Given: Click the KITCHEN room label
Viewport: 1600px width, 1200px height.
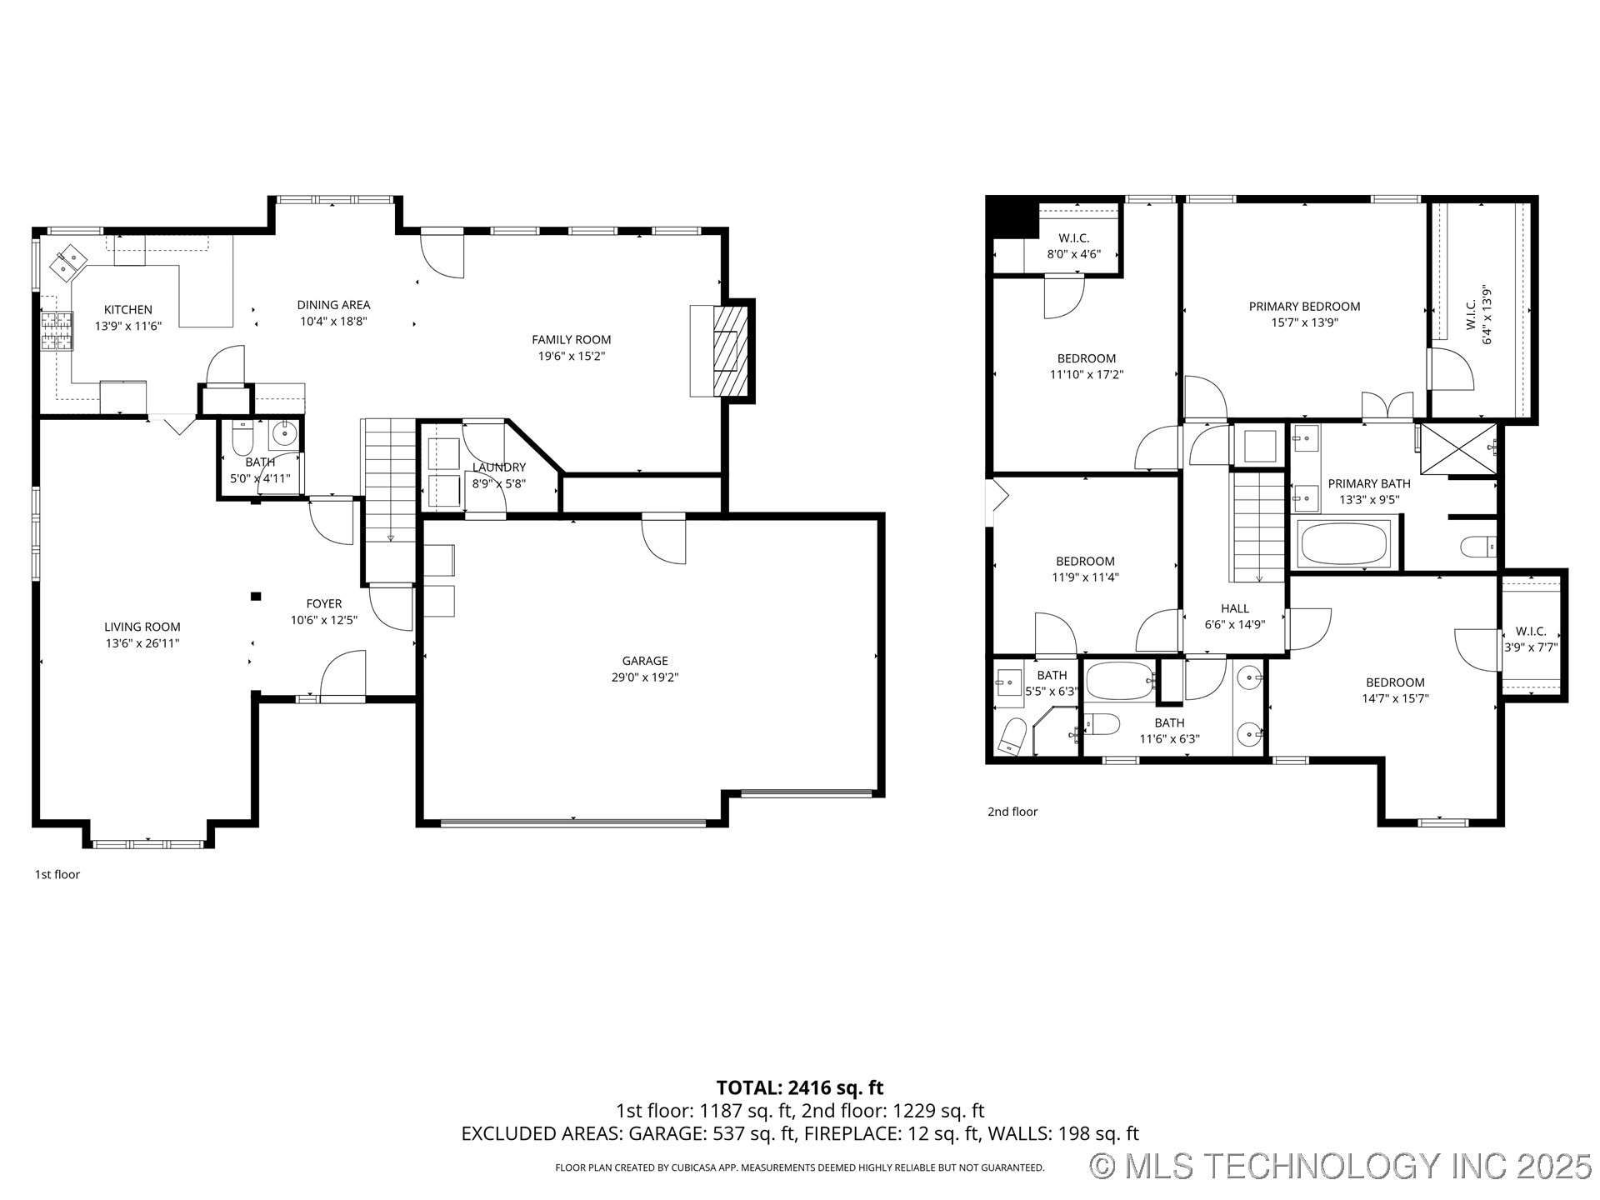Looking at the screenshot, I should click(127, 309).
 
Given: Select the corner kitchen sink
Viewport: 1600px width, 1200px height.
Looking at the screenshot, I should click(68, 261).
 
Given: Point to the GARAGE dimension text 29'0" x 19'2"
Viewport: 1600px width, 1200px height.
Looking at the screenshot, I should click(644, 677).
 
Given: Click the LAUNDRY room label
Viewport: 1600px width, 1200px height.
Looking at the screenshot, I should click(498, 467).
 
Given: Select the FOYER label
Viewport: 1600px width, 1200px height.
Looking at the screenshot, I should click(323, 603).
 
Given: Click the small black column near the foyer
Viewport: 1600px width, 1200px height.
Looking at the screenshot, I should click(256, 596).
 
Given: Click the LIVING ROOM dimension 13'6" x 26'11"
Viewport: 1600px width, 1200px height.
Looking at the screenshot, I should click(142, 643).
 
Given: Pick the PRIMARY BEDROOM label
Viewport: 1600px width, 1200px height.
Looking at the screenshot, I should click(1303, 306).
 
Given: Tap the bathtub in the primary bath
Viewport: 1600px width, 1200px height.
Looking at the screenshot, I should click(1343, 544).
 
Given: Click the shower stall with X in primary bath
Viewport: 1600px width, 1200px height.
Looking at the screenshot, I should click(1457, 448).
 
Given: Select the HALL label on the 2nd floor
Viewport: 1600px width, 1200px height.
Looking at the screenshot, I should click(1234, 608).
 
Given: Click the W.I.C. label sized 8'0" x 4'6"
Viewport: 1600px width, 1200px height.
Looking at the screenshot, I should click(1073, 238).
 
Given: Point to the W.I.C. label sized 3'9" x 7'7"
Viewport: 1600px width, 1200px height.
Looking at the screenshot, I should click(1530, 632).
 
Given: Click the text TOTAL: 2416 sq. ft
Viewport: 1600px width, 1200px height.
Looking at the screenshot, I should click(799, 1087).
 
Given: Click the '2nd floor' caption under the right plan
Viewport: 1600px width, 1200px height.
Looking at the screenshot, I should click(1012, 811).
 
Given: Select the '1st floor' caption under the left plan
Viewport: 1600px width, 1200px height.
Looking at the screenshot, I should click(57, 874).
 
